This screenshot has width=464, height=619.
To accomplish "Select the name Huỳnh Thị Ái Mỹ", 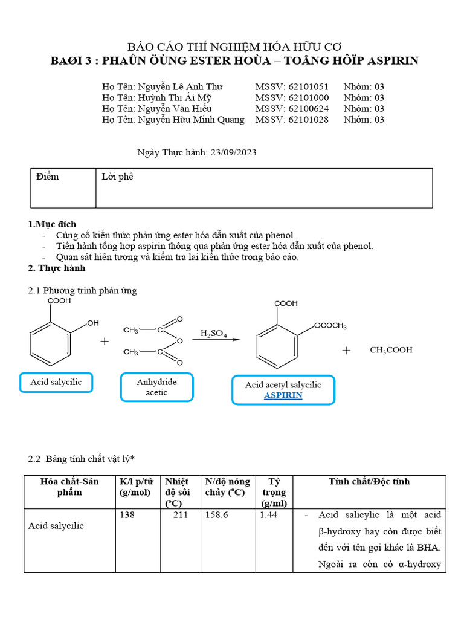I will (x=175, y=98).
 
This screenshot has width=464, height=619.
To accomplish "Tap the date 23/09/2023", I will (x=233, y=152).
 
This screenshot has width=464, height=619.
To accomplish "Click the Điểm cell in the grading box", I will (x=48, y=177).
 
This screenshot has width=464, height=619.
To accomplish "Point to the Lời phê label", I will (x=117, y=177).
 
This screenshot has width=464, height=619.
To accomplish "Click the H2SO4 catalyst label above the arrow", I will (x=214, y=334).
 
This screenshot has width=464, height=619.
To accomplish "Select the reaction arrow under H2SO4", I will (x=216, y=340).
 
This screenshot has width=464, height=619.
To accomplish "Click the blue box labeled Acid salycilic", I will (x=56, y=383).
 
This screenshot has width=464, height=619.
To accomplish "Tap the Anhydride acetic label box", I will (x=156, y=387).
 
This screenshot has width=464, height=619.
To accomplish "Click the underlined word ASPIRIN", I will (x=283, y=395).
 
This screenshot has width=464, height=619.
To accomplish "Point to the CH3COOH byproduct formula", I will (x=391, y=350).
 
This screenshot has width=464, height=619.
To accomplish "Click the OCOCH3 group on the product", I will (x=330, y=326).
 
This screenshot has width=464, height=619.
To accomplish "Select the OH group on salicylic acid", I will (x=93, y=323).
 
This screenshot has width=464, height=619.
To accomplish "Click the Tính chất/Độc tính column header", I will (x=369, y=482).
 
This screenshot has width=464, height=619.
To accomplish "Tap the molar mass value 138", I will (x=127, y=515).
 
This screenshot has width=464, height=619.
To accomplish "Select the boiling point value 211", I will (x=180, y=515).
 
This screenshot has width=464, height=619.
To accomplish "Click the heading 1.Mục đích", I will (x=53, y=224).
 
